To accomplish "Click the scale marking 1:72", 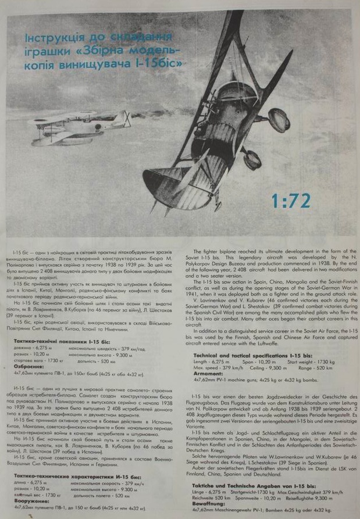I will tap(290, 200).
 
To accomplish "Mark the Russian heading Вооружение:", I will tap(33, 500).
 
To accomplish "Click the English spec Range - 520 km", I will tap(316, 367).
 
